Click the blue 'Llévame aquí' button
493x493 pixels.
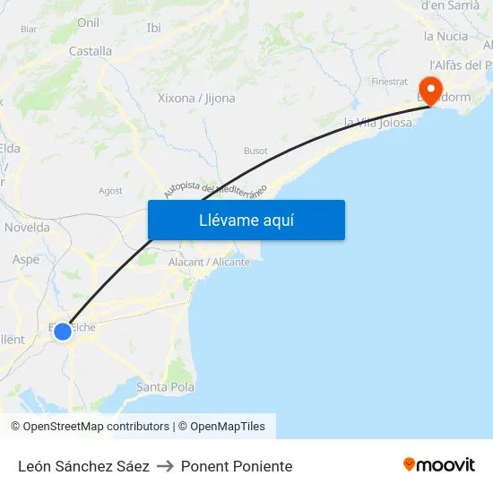pos(246,220)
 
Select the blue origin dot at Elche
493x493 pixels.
pos(62,332)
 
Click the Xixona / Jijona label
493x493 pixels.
pos(196,98)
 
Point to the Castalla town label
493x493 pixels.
pos(91,51)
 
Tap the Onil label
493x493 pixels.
pos(89,22)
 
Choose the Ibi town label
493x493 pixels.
pos(154,28)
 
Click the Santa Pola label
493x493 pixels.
pos(166,387)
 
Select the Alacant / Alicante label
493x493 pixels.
pos(210,262)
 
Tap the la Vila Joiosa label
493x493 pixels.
pos(378,122)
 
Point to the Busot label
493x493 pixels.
pos(255,151)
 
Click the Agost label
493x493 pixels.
pos(110,191)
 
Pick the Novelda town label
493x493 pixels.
pos(27,228)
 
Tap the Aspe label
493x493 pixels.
pos(26,259)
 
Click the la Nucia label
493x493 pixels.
pos(445,36)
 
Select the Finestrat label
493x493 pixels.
pos(389,82)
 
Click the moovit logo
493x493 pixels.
pos(439,465)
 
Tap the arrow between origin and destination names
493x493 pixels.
pos(165,466)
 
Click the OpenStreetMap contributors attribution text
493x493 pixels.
pos(90,427)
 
